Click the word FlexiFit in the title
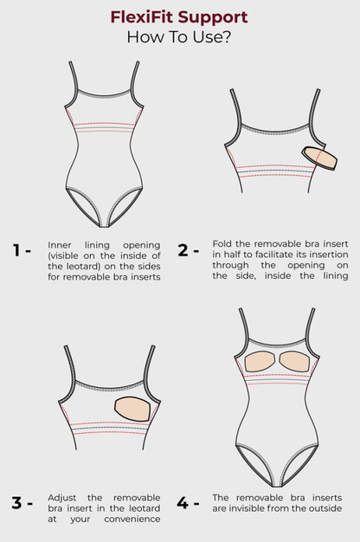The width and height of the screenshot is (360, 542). click(143, 17)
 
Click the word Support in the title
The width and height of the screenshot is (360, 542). click(213, 18)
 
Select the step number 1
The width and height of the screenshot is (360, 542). click(16, 250)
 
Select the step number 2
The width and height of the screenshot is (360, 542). click(183, 250)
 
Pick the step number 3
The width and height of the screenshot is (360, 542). click(16, 503)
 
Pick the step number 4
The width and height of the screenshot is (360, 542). click(183, 503)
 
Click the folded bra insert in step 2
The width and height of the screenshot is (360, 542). click(319, 158)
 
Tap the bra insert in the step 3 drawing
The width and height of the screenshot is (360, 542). click(133, 409)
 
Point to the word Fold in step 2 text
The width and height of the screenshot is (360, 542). click(222, 243)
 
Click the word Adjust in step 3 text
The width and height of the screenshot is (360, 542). click(61, 498)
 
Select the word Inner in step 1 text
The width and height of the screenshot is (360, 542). click(59, 245)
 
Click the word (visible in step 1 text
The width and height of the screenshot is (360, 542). click(63, 255)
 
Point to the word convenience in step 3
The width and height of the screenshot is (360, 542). click(132, 519)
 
